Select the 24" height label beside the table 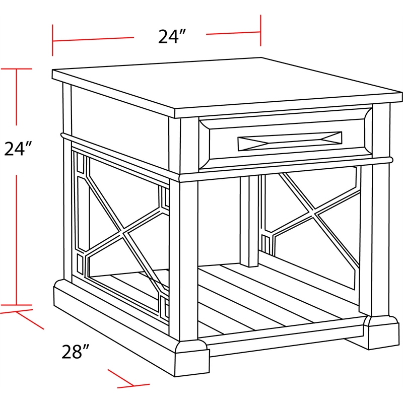tap(19, 149)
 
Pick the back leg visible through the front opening tap(248, 222)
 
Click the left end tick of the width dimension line tap(52, 39)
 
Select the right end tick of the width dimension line tap(260, 31)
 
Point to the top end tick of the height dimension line tap(17, 69)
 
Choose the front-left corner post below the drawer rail tap(183, 257)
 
